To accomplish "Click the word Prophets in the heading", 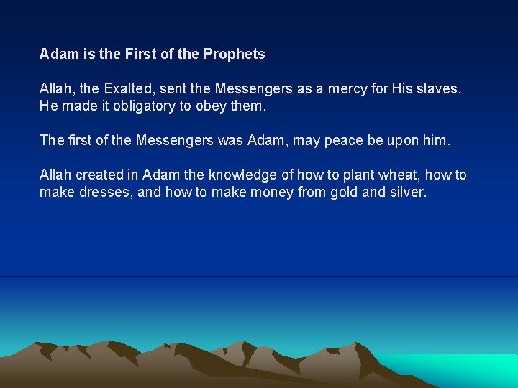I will pos(234,54).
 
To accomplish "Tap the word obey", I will pos(216,106).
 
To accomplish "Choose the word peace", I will pos(344,141).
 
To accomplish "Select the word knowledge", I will pos(241,175).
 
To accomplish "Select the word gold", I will pos(346,192).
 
